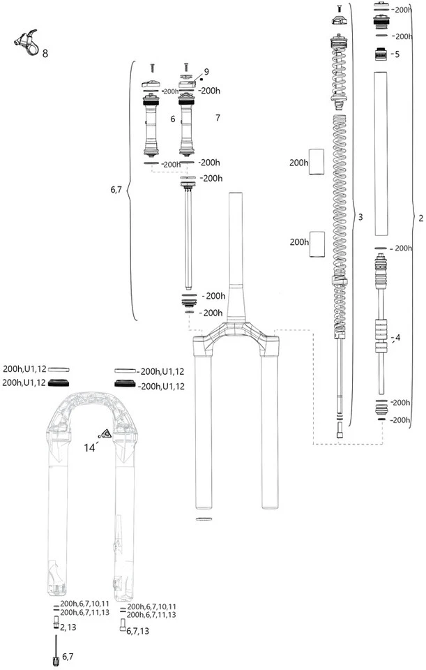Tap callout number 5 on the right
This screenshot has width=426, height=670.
click(396, 54)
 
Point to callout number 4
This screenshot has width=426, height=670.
click(397, 338)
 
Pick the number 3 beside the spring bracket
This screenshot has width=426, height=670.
click(360, 218)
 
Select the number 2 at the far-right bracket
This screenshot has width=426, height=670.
click(420, 218)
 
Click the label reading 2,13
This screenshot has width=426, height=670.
click(68, 628)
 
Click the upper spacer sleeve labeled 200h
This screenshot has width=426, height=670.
click(318, 161)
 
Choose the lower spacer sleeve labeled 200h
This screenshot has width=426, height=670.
click(318, 241)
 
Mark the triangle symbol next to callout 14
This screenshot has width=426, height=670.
click(106, 434)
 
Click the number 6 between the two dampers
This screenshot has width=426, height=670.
click(172, 119)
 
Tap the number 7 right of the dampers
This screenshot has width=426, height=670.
click(218, 118)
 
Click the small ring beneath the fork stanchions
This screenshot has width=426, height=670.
click(205, 519)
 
